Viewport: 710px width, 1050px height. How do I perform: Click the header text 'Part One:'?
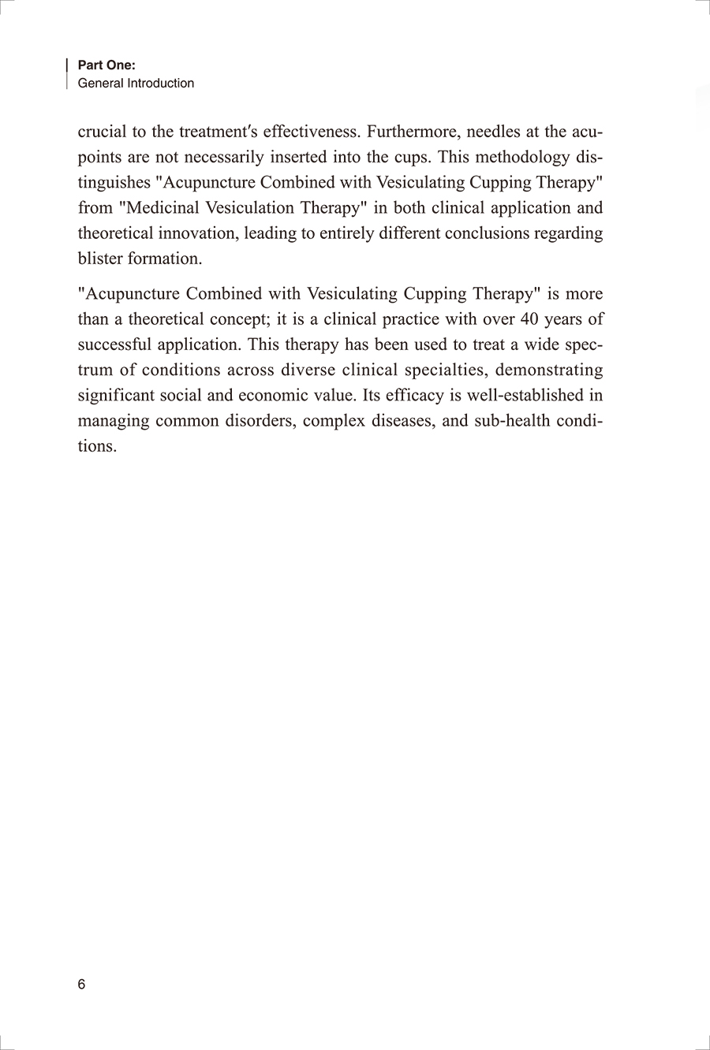tap(106, 66)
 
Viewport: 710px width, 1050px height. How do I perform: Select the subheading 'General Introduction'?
tap(136, 84)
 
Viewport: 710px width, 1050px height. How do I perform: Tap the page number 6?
tap(81, 985)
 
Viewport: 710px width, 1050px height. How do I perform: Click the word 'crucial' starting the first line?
tap(102, 132)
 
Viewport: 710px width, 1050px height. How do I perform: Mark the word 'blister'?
tap(100, 259)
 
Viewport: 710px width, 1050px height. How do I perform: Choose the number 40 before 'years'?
tap(529, 319)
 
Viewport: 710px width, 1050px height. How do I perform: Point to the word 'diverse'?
tap(308, 370)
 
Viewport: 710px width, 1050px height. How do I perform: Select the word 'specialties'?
tap(441, 370)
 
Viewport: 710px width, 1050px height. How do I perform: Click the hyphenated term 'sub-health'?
tap(511, 420)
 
